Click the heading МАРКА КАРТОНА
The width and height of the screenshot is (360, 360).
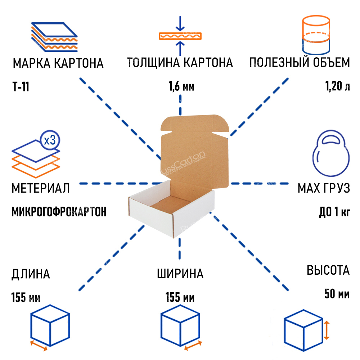[58, 63]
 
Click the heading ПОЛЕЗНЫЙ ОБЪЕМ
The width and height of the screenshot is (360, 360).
[300, 63]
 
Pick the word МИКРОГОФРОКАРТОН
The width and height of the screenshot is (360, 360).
[59, 212]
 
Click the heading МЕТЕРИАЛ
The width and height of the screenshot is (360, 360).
[40, 188]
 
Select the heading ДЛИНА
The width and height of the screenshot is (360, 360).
[31, 274]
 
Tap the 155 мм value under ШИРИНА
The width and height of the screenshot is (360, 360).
[180, 298]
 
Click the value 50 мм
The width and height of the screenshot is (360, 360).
[337, 294]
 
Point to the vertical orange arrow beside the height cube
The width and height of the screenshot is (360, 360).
[326, 330]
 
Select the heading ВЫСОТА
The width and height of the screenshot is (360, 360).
[328, 270]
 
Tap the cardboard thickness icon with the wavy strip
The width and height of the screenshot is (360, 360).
[180, 36]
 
